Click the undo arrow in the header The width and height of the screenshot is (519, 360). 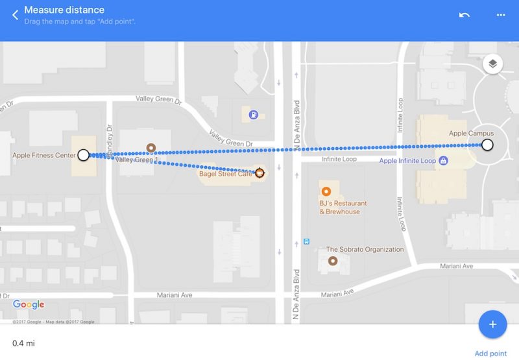465,14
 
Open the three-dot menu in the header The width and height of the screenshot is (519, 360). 500,14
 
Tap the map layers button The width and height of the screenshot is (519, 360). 493,64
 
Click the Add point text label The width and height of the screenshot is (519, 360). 490,353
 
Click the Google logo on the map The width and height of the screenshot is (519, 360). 29,305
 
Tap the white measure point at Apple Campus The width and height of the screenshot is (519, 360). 487,145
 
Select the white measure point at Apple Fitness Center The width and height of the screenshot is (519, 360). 83,155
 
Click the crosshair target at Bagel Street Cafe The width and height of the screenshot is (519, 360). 259,173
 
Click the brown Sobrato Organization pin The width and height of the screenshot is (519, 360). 333,261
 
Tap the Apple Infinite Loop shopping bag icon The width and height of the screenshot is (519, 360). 443,160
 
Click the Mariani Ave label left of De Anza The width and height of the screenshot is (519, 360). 175,295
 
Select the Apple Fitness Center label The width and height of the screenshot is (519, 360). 43,156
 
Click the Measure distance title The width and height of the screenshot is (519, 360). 64,10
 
